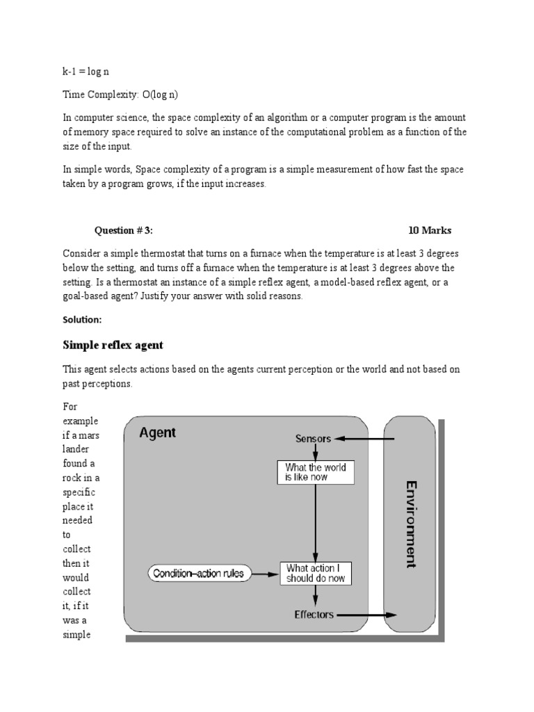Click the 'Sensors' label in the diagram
click(x=313, y=439)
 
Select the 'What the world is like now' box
click(x=316, y=472)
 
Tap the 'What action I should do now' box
click(x=316, y=573)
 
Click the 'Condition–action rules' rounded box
click(x=198, y=574)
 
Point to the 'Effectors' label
click(x=314, y=615)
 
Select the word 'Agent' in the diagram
click(x=158, y=432)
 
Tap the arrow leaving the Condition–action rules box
click(x=264, y=574)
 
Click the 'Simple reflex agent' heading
click(x=113, y=345)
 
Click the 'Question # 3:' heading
click(x=123, y=231)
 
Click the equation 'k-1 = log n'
click(x=87, y=72)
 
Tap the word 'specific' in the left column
click(x=78, y=492)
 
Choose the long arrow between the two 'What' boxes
click(x=316, y=521)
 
